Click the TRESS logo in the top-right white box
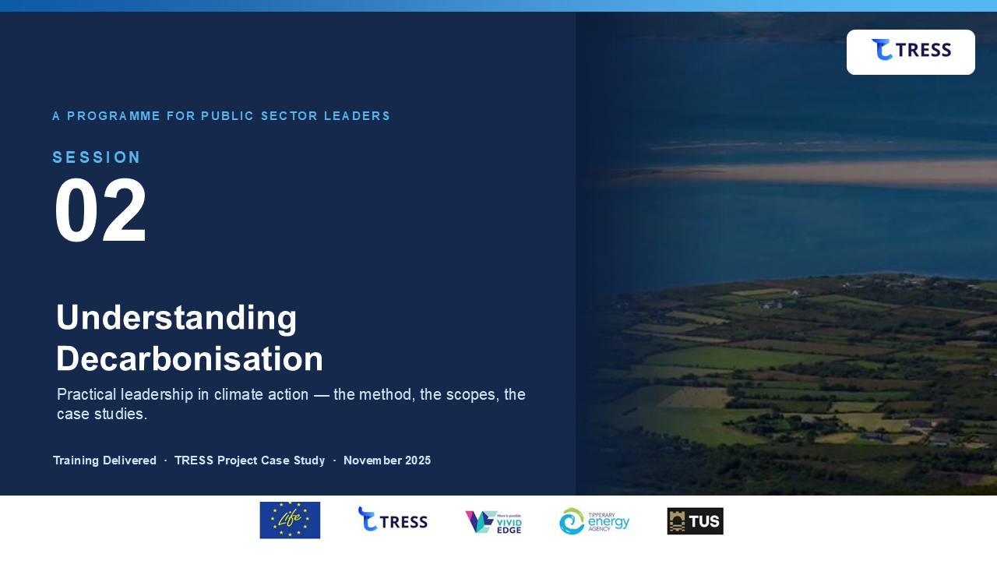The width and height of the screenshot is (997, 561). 911,49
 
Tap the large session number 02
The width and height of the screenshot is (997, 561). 100,210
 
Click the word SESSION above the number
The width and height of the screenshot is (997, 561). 97,157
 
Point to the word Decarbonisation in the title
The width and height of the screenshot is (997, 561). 189,358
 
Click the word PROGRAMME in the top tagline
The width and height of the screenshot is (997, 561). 114,116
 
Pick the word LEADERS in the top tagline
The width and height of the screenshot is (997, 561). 357,116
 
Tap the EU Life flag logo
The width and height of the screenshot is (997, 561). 290,520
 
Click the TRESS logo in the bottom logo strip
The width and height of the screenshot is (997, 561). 393,519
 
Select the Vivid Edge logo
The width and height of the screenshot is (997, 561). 493,522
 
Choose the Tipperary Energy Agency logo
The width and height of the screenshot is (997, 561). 594,521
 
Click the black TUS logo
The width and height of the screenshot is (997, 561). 696,521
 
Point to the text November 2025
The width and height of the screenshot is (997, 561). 387,460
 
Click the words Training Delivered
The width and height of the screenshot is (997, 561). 104,460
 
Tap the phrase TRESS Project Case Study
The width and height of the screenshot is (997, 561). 250,460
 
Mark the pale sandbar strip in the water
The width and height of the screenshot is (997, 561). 801,173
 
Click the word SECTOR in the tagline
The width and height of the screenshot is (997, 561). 289,116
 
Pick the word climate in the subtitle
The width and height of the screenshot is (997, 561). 241,394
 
